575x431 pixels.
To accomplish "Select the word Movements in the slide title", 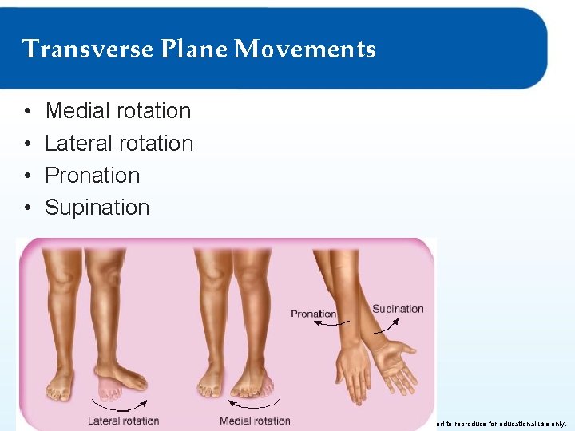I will point(305,49).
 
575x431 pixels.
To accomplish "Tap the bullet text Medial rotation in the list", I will point(118,111).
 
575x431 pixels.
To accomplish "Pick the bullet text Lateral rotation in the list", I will point(119,144).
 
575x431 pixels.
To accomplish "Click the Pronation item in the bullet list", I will point(92,176).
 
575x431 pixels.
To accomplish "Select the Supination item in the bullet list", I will point(97,208).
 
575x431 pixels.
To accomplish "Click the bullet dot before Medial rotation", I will point(27,112).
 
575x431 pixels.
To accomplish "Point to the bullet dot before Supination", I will point(27,208).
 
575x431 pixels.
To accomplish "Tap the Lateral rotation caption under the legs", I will point(123,421).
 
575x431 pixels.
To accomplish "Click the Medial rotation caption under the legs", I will point(255,421).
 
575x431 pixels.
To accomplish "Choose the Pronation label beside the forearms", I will point(313,314).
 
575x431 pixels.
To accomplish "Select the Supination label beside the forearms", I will point(398,309).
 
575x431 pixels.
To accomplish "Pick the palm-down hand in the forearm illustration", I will point(351,371).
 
